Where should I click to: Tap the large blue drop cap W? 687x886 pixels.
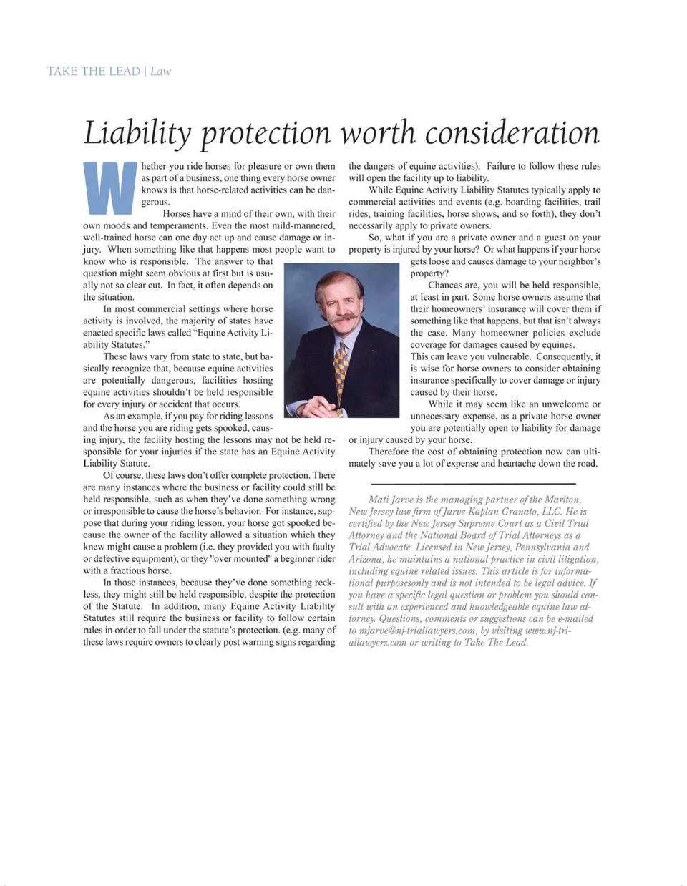point(109,188)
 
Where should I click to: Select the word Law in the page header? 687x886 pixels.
point(161,71)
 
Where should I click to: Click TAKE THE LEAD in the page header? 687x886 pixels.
point(93,71)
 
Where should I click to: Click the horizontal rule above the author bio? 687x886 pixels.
point(474,482)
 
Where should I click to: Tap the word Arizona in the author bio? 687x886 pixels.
point(366,559)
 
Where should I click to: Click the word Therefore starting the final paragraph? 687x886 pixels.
point(391,452)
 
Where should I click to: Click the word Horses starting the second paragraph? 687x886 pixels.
point(177,213)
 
